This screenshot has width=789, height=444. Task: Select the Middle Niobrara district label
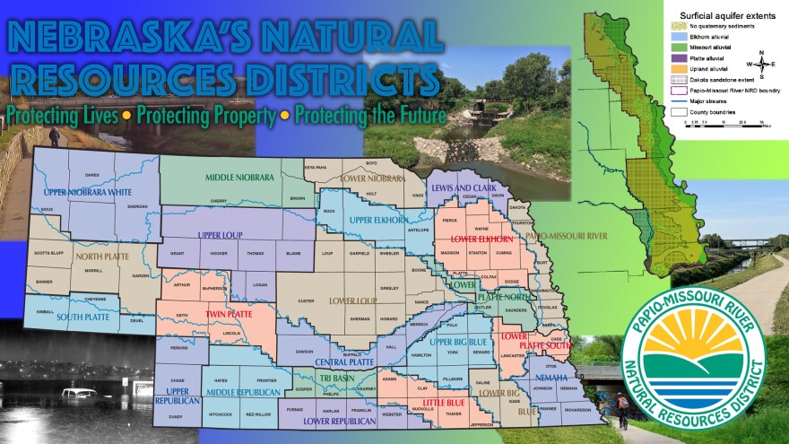[x=239, y=178]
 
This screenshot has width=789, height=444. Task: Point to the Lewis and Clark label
[x=464, y=187]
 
